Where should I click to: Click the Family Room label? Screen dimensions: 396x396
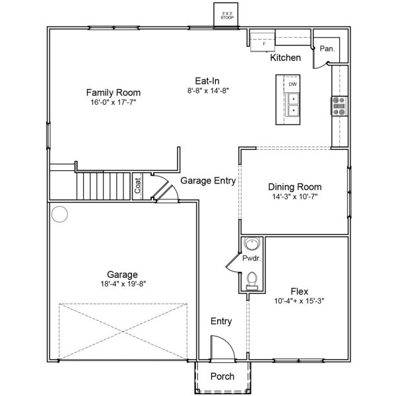coord(114,92)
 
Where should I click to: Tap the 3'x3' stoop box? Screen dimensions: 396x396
coord(228,15)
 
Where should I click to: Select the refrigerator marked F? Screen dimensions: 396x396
coord(265,43)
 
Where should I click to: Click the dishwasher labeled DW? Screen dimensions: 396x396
coord(292,84)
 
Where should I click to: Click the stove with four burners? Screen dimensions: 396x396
coord(339,106)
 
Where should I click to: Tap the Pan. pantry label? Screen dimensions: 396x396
coord(326,49)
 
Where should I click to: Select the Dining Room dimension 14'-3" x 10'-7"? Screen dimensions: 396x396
coord(295,197)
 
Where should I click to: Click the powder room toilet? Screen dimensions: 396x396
coord(251,283)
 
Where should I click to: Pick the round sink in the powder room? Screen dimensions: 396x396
coord(251,244)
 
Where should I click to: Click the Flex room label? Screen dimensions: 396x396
coord(300,290)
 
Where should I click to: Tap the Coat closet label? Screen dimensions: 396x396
coord(139,185)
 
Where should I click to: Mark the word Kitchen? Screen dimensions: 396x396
coord(285,58)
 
